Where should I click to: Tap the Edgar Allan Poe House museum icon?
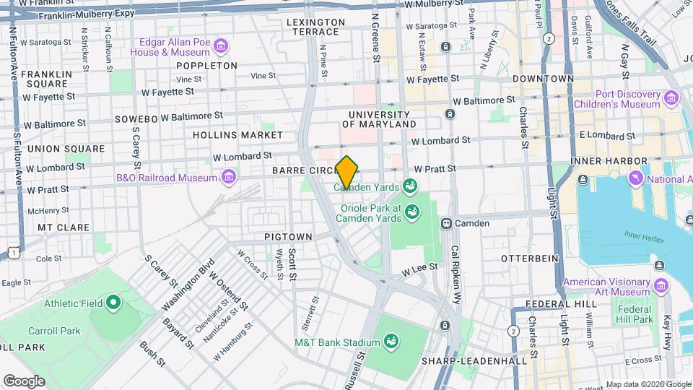[221, 48]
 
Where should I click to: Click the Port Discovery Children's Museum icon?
[672, 97]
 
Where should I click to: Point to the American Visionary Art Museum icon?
[660, 266]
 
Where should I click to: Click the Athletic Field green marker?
[113, 303]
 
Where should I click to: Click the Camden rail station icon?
[447, 224]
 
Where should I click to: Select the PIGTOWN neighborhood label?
[288, 237]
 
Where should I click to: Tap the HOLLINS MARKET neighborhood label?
[237, 135]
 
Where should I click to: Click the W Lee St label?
[421, 269]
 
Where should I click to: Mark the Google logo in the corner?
[24, 381]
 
